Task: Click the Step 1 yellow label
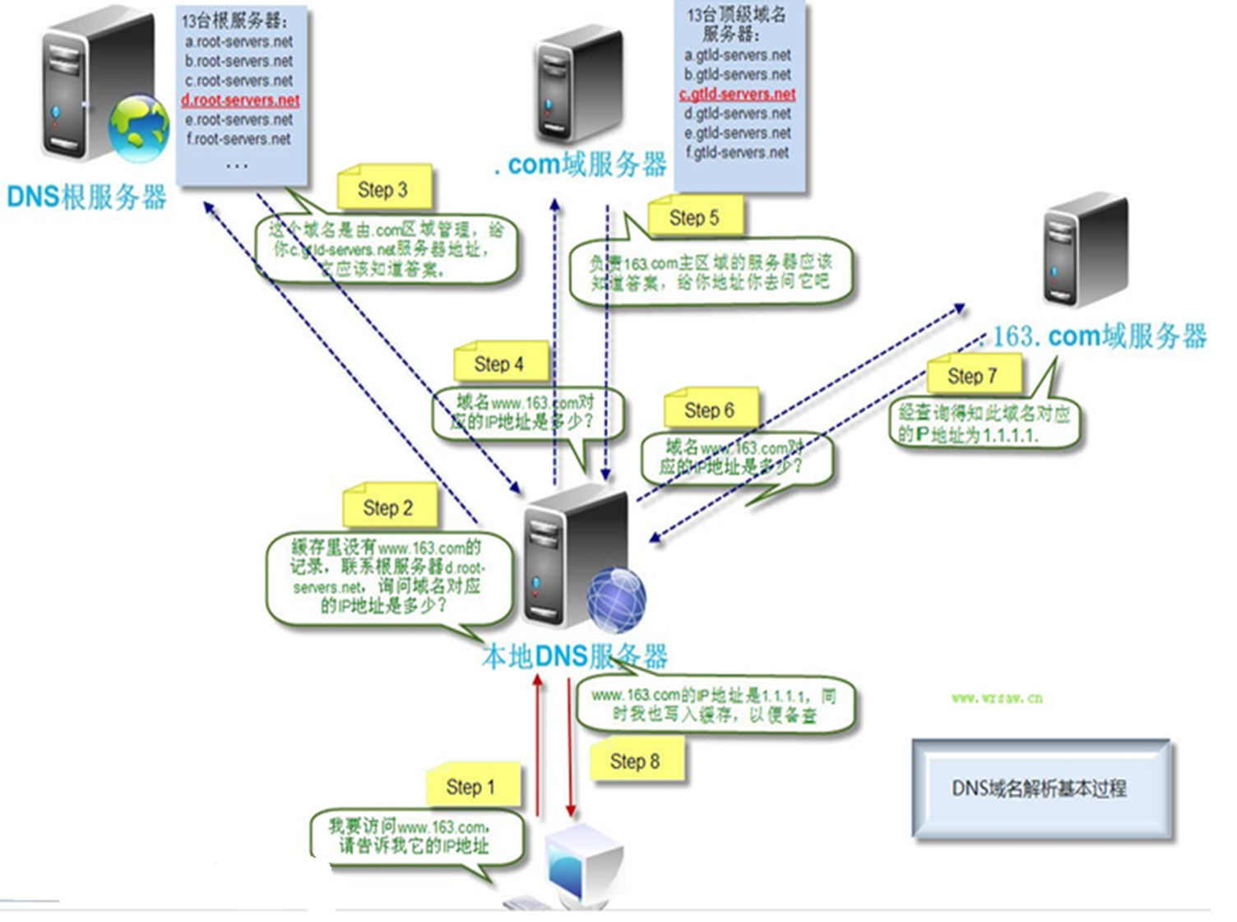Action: (x=472, y=786)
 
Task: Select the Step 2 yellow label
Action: (x=388, y=507)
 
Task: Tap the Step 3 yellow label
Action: (x=382, y=190)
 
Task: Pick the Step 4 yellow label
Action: (x=499, y=364)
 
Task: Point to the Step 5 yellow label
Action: (x=694, y=218)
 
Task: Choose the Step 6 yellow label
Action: (x=709, y=410)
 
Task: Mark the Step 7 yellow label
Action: (x=972, y=376)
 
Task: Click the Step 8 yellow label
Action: (x=635, y=762)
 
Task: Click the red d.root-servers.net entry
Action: (x=240, y=100)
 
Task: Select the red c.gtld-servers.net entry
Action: (x=737, y=94)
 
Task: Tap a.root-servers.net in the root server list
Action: (x=239, y=41)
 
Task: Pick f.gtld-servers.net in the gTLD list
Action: (x=737, y=152)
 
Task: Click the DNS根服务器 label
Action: (x=86, y=197)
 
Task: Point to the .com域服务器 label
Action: (x=581, y=164)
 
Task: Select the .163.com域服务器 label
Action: (x=1094, y=336)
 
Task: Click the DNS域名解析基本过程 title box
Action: (x=1040, y=788)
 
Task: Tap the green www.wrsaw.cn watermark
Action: (x=997, y=698)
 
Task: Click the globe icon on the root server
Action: (x=139, y=129)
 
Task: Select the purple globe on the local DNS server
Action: (x=616, y=600)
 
